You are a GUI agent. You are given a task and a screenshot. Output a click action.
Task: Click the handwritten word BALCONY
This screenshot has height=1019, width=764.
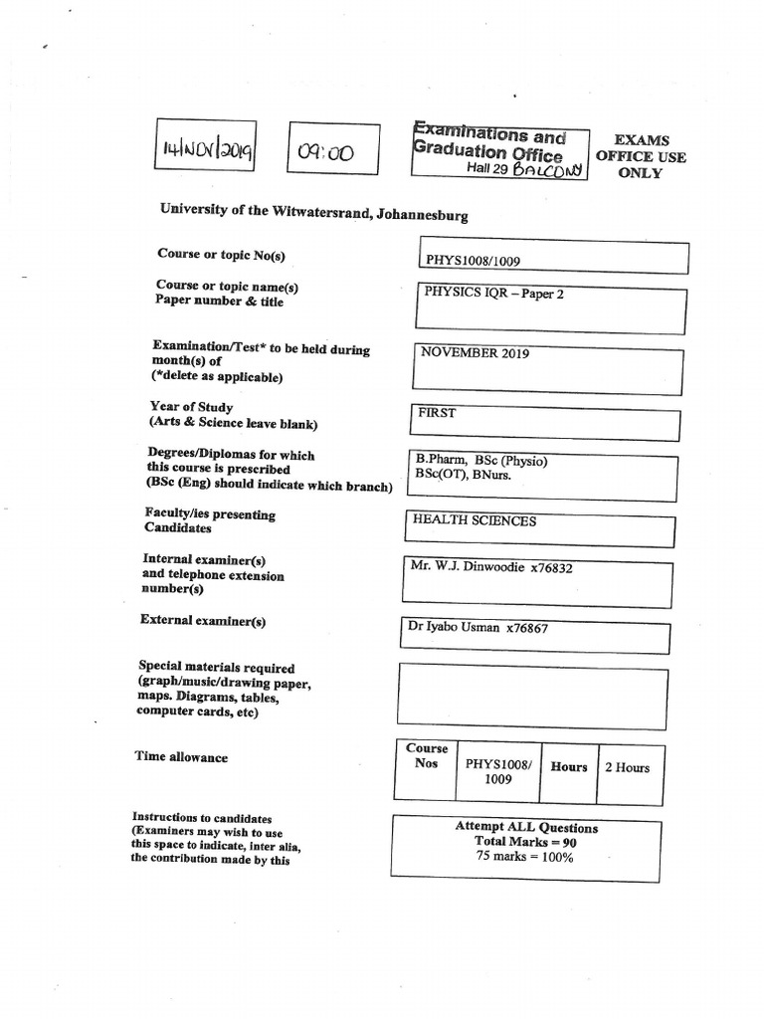[x=546, y=169]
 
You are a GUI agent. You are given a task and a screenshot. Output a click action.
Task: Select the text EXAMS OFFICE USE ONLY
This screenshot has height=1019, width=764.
[x=641, y=156]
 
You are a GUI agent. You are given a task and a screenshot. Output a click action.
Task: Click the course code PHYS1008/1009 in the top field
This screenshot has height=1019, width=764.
[x=473, y=262]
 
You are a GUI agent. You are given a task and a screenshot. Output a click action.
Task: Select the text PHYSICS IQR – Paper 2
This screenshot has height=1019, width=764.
[x=493, y=295]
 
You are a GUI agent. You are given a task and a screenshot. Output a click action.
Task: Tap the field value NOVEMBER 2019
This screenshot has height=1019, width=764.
[x=475, y=353]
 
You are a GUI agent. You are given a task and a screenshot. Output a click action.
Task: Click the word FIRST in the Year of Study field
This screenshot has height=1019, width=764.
[x=437, y=413]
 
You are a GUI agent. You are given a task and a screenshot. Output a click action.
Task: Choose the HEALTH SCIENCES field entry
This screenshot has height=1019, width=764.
[x=474, y=520]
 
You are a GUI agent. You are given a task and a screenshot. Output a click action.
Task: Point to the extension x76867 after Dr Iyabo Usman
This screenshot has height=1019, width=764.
[x=527, y=628]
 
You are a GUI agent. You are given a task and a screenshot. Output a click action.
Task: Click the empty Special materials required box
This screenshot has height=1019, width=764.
[x=532, y=695]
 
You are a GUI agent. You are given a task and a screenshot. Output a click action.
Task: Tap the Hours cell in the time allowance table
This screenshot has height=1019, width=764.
[x=569, y=767]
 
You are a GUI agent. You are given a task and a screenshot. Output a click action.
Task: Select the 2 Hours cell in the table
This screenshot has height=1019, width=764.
[x=627, y=767]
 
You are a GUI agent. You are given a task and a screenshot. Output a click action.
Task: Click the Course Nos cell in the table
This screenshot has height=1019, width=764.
[x=426, y=756]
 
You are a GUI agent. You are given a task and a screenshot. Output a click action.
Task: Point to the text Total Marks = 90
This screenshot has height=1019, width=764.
[x=525, y=842]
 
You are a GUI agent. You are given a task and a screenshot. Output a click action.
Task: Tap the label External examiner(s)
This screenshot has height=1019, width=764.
[x=204, y=621]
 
